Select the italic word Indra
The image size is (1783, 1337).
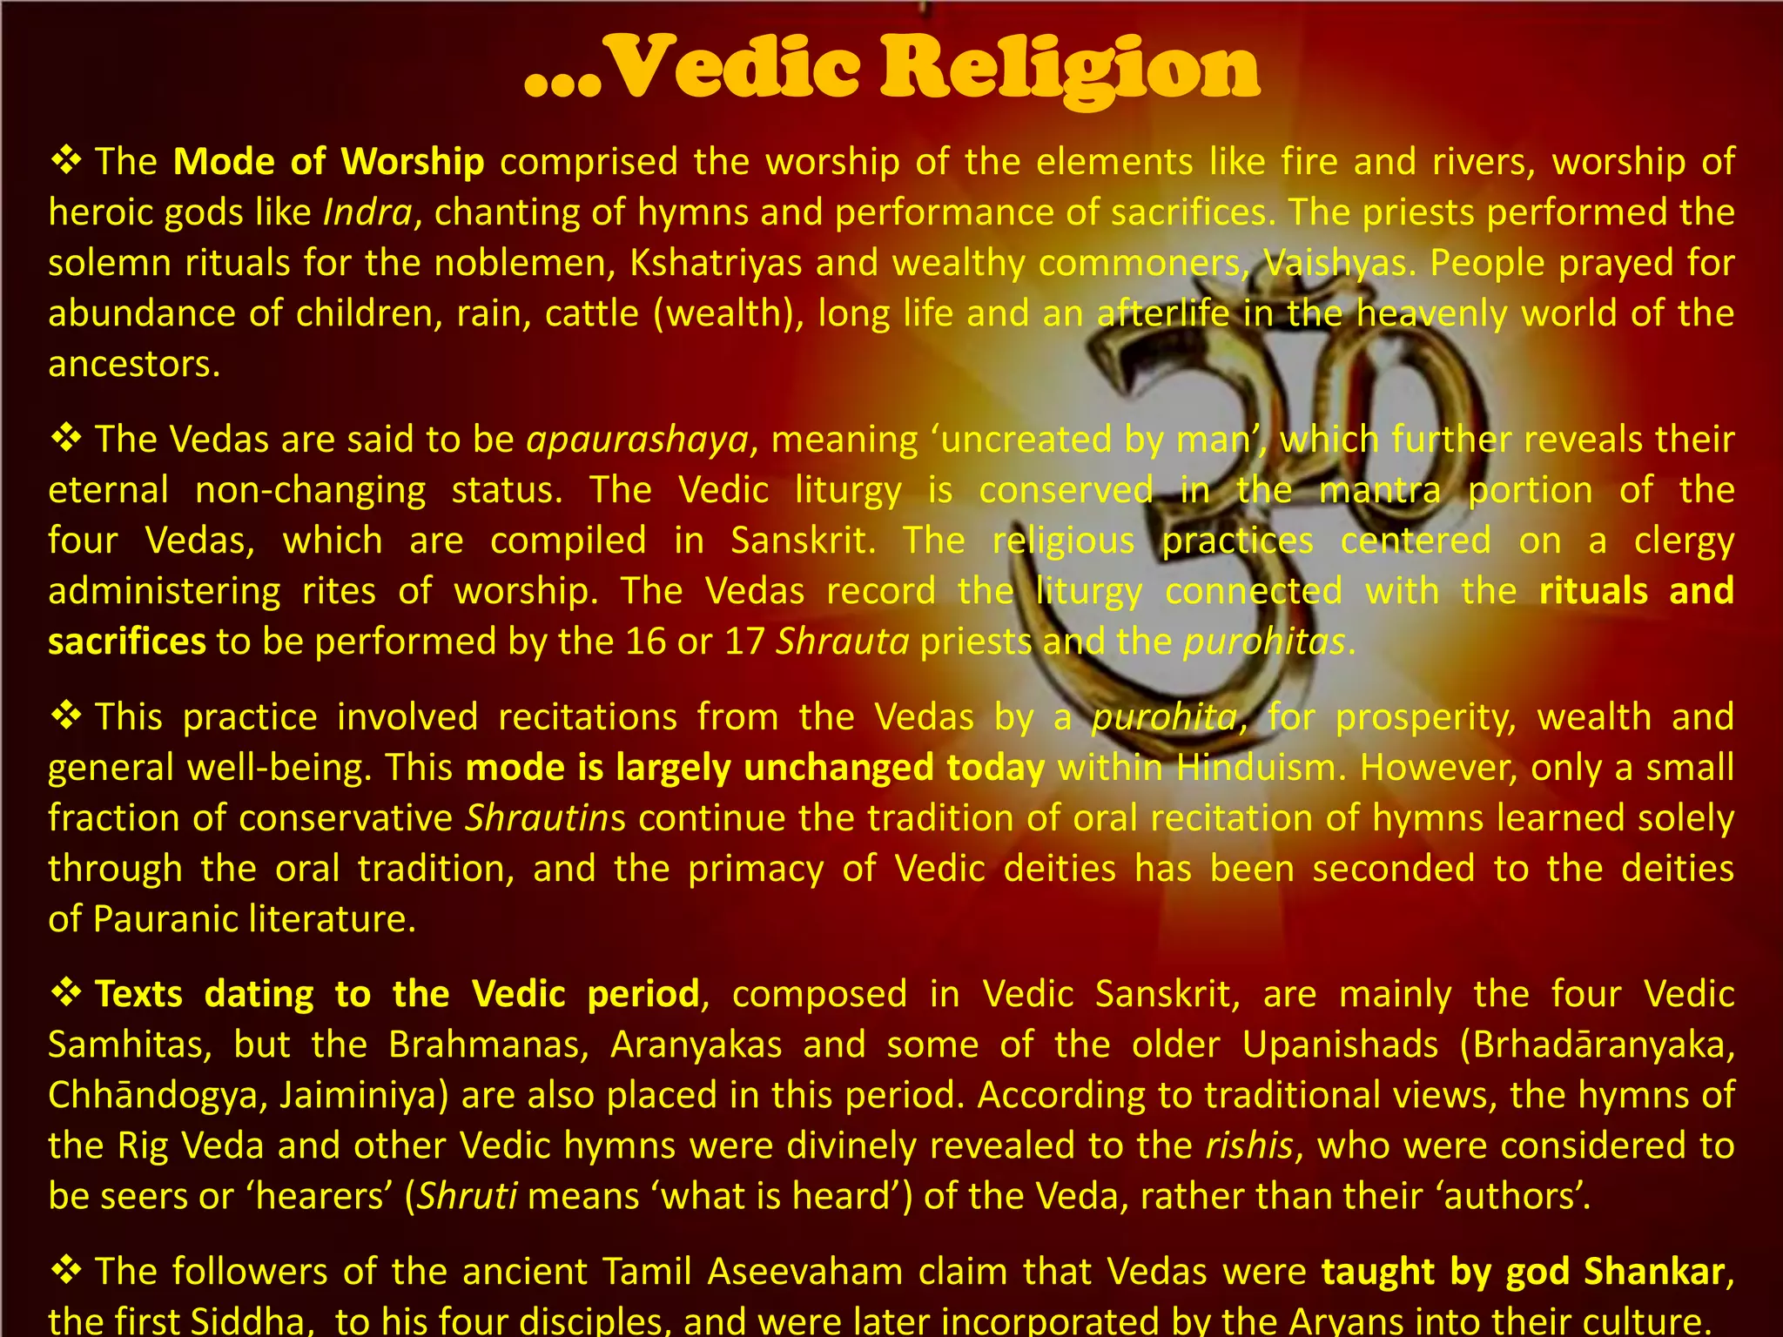[x=367, y=213]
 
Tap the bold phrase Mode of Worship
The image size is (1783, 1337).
[x=328, y=162]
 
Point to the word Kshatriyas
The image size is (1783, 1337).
[x=715, y=264]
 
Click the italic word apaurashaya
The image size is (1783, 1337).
[x=637, y=440]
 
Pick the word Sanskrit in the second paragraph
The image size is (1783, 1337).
[x=799, y=541]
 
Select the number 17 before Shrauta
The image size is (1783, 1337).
[x=744, y=642]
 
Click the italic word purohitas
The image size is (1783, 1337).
[x=1264, y=642]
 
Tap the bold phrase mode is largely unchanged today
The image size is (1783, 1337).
[x=755, y=769]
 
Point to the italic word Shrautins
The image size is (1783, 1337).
[x=545, y=819]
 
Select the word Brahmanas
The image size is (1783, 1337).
[x=488, y=1045]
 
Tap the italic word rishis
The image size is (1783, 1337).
[x=1248, y=1146]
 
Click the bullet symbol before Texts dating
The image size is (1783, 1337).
[x=66, y=993]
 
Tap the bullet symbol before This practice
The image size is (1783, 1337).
[x=66, y=716]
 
